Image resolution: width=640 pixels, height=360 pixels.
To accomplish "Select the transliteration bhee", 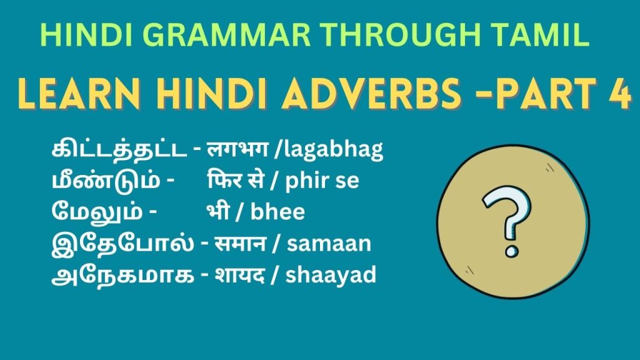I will [x=277, y=212].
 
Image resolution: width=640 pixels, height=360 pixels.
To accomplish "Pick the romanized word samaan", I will [x=329, y=243].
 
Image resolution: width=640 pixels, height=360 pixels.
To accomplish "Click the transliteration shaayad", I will [x=331, y=274].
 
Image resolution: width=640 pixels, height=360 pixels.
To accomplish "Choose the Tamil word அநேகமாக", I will [x=121, y=274].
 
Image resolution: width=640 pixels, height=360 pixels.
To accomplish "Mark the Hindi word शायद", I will [x=241, y=274].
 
